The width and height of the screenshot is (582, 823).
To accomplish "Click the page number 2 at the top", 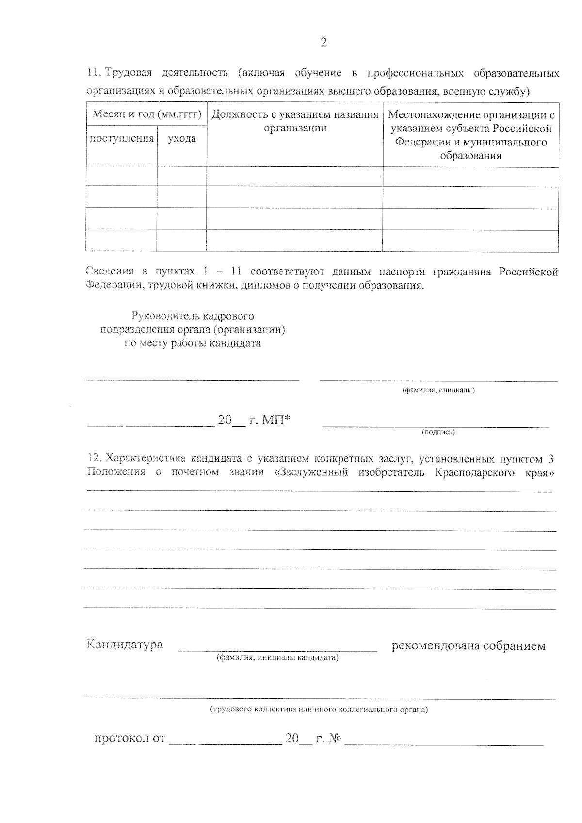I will [x=323, y=43].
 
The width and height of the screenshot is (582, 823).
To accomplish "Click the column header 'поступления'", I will [x=122, y=139].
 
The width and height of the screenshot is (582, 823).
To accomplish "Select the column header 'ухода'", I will [x=182, y=139].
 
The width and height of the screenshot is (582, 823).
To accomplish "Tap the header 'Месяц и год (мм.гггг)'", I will [x=146, y=114].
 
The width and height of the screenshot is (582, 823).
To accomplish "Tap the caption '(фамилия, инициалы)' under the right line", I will [x=438, y=390].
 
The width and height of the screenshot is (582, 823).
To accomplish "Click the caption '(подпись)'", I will [x=438, y=431].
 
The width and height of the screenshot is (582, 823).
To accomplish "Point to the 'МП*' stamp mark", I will [x=276, y=420].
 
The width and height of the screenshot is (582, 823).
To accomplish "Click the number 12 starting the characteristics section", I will [x=93, y=459].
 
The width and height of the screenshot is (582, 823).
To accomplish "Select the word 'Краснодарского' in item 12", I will [x=475, y=472].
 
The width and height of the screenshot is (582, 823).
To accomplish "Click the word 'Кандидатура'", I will [x=125, y=645].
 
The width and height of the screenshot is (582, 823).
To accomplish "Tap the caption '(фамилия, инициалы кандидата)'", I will [x=277, y=658].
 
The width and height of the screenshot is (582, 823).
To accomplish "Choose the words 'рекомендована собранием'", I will [x=469, y=646].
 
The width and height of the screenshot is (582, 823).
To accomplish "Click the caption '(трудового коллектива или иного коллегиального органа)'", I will [x=319, y=710].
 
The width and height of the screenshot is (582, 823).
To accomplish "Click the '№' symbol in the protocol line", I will [x=335, y=739].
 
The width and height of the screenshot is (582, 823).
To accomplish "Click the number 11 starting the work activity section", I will [x=93, y=73].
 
